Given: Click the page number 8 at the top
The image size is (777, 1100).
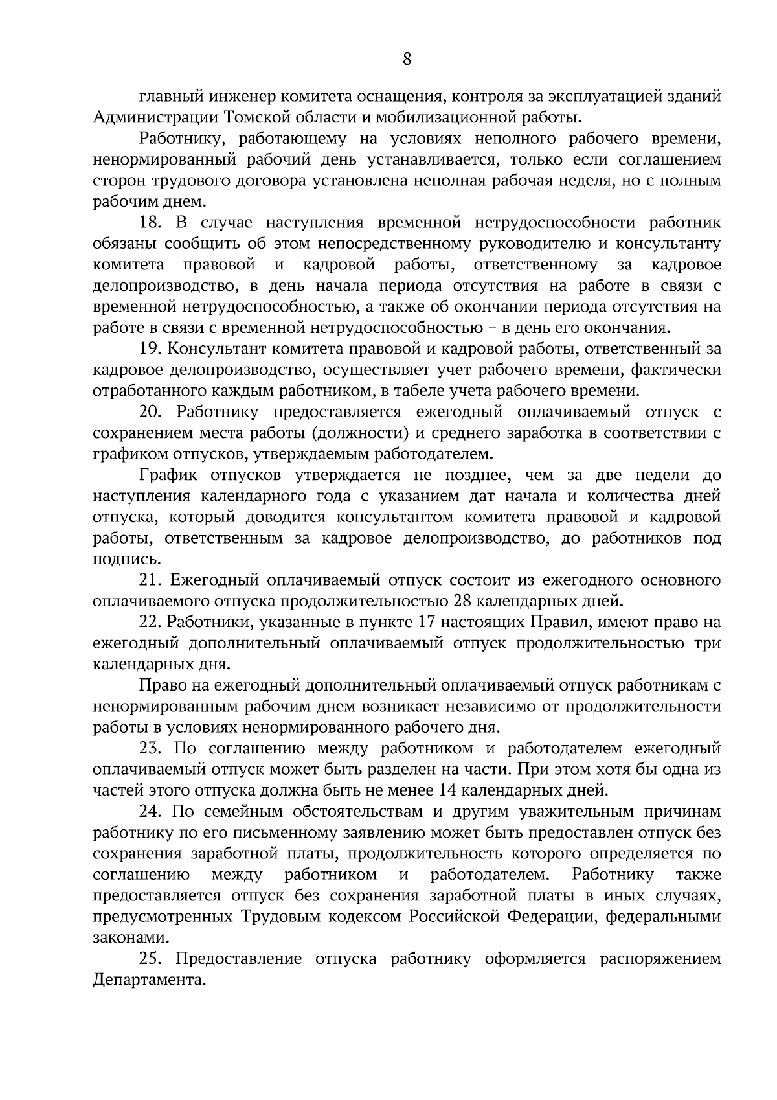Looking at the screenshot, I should (x=407, y=60).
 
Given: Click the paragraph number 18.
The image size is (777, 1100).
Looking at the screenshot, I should (x=150, y=223).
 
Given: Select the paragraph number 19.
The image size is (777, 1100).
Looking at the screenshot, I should (x=150, y=349).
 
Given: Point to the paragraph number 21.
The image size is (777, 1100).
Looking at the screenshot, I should (x=150, y=580).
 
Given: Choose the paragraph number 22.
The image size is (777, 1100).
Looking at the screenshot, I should (x=150, y=623).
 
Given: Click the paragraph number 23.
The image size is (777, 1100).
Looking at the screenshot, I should (x=151, y=748).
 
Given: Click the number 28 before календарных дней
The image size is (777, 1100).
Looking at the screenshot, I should (x=462, y=601).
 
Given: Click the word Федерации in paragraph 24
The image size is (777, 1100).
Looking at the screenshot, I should (x=552, y=916).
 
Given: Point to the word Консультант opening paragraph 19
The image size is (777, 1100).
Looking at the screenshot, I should (x=212, y=349).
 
